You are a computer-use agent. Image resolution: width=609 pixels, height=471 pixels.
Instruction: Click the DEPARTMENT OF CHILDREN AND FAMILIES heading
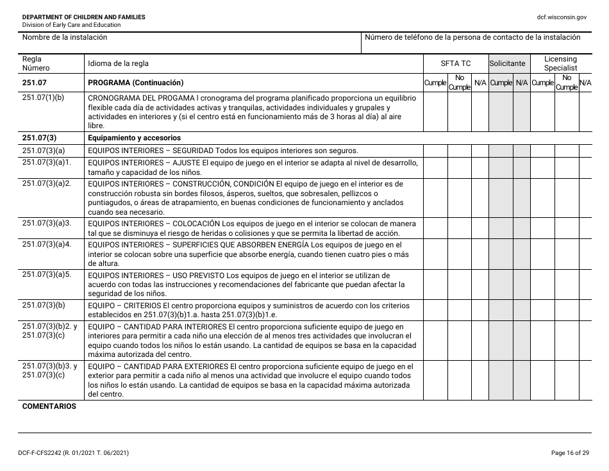[83, 17]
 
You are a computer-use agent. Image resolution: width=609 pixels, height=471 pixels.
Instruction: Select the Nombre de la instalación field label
[65, 37]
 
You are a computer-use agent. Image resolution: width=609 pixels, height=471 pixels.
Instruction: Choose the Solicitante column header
[507, 63]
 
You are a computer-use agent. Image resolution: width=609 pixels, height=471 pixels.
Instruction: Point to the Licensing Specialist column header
[560, 63]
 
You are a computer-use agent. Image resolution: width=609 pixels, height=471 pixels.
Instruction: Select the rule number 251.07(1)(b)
[43, 98]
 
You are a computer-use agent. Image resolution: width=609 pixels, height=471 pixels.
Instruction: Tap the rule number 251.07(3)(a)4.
[46, 245]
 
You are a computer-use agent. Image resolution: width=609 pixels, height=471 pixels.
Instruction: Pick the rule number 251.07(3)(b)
[43, 305]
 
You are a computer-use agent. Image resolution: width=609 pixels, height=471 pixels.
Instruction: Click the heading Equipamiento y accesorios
[134, 138]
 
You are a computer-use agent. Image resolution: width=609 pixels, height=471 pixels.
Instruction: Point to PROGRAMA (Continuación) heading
[135, 83]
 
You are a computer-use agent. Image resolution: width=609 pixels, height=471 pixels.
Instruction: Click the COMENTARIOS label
[49, 406]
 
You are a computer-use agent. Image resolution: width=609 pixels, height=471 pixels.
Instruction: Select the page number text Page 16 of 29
[570, 453]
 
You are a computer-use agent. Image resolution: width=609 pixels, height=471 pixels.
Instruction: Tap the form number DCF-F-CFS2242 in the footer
[44, 453]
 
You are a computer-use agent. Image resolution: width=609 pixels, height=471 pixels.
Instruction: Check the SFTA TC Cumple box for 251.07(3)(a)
[435, 150]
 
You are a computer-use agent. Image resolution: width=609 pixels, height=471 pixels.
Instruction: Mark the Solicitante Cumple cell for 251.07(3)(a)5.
[501, 284]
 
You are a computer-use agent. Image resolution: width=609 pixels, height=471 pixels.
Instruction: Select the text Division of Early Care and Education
[71, 25]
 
